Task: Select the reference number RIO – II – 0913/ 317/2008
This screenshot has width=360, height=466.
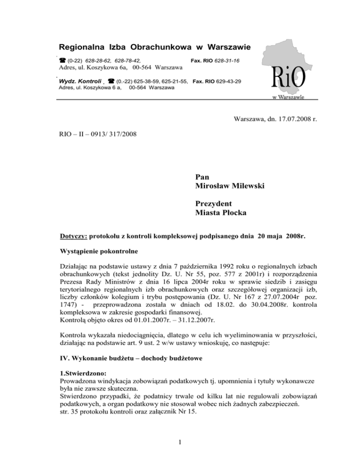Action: [97, 135]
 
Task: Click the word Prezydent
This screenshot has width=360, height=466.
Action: [212, 204]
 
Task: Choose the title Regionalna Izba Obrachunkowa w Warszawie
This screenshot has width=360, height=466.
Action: [155, 48]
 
